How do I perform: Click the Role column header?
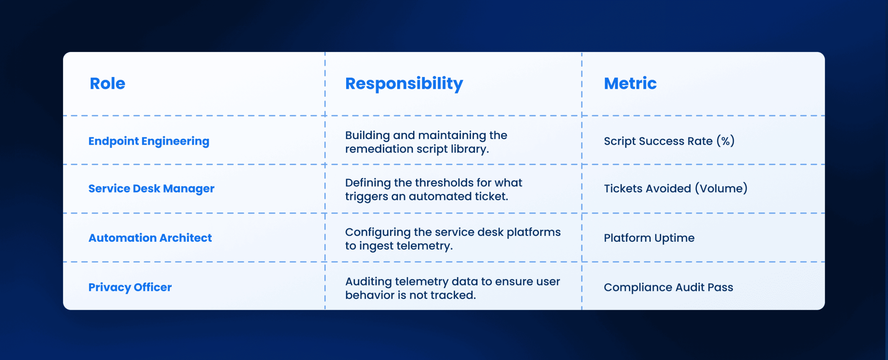108,84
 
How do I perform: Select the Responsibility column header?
404,84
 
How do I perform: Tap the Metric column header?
630,84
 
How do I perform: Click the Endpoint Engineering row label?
149,141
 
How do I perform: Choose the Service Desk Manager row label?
151,189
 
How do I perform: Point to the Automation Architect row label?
150,238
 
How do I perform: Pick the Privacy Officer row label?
130,288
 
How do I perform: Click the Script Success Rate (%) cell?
669,141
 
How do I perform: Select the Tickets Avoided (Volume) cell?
676,188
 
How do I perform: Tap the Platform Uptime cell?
649,238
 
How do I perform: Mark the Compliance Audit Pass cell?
668,287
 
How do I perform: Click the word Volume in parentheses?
721,188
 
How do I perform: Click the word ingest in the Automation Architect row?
376,246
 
